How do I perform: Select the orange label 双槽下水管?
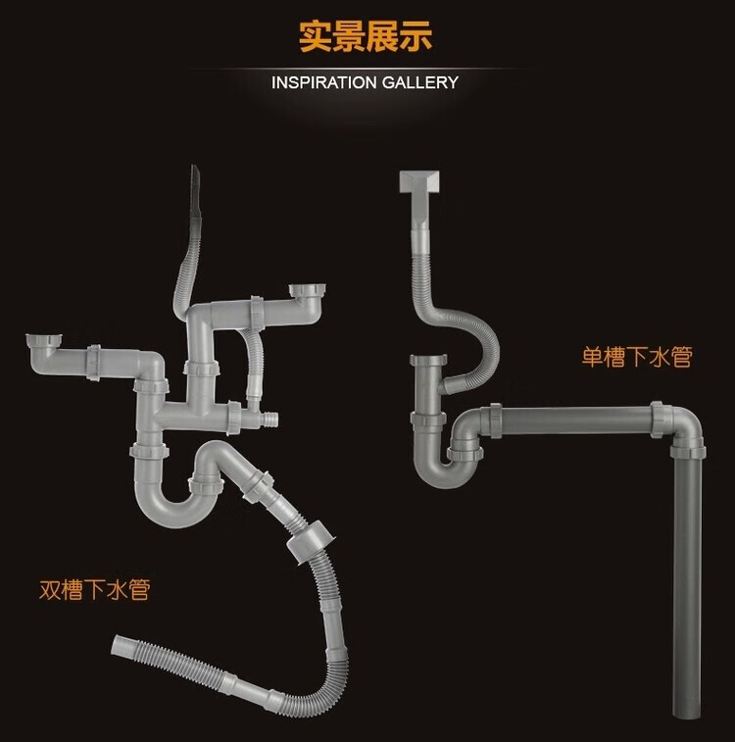(x=94, y=590)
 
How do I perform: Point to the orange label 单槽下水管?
(x=637, y=357)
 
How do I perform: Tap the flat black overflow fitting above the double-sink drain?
(x=194, y=200)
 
